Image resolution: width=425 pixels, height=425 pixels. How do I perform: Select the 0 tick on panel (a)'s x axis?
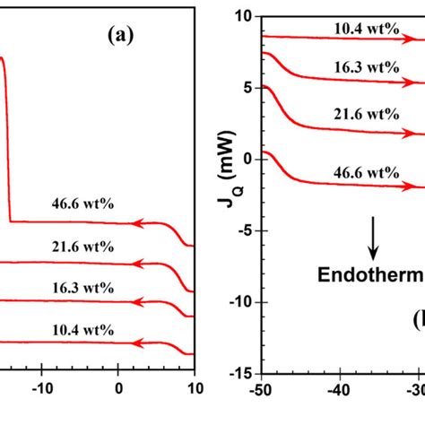pos(118,390)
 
